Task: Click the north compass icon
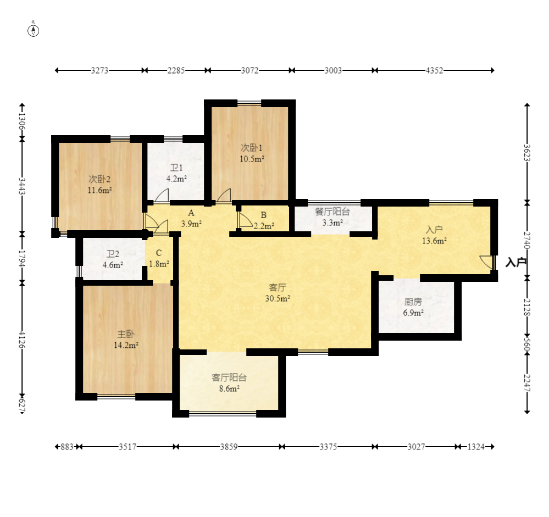pyautogui.click(x=34, y=31)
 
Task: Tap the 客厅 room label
pyautogui.click(x=278, y=288)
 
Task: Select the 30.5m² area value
pyautogui.click(x=278, y=298)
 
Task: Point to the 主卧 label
pyautogui.click(x=126, y=334)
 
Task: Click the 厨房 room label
pyautogui.click(x=413, y=302)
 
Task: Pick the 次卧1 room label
pyautogui.click(x=251, y=148)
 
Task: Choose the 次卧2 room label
pyautogui.click(x=99, y=180)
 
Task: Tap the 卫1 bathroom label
pyautogui.click(x=176, y=168)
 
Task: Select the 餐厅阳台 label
pyautogui.click(x=332, y=212)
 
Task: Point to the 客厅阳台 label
pyautogui.click(x=229, y=377)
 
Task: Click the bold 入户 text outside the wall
pyautogui.click(x=516, y=262)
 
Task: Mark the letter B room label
pyautogui.click(x=264, y=215)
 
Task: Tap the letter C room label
pyautogui.click(x=159, y=253)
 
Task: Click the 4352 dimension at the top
pyautogui.click(x=434, y=71)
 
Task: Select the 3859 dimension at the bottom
pyautogui.click(x=229, y=447)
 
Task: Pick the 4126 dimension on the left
pyautogui.click(x=22, y=340)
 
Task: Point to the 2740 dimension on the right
pyautogui.click(x=527, y=240)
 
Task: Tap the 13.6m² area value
pyautogui.click(x=434, y=241)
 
